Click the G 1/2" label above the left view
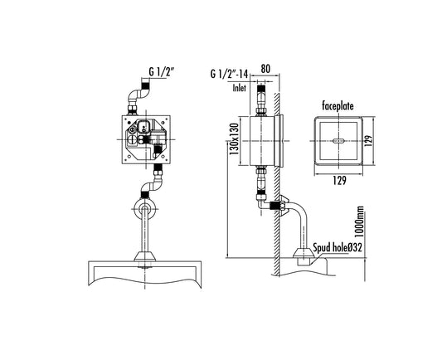pyautogui.click(x=160, y=72)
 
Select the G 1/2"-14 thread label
pyautogui.click(x=229, y=74)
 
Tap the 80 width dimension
pyautogui.click(x=265, y=69)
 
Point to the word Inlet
pyautogui.click(x=240, y=88)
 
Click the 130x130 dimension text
pyautogui.click(x=234, y=139)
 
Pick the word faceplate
pyautogui.click(x=338, y=106)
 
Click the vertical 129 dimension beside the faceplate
pyautogui.click(x=368, y=140)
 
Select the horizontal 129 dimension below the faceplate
pyautogui.click(x=339, y=181)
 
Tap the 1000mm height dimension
pyautogui.click(x=359, y=221)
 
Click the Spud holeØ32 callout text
pyautogui.click(x=338, y=247)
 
